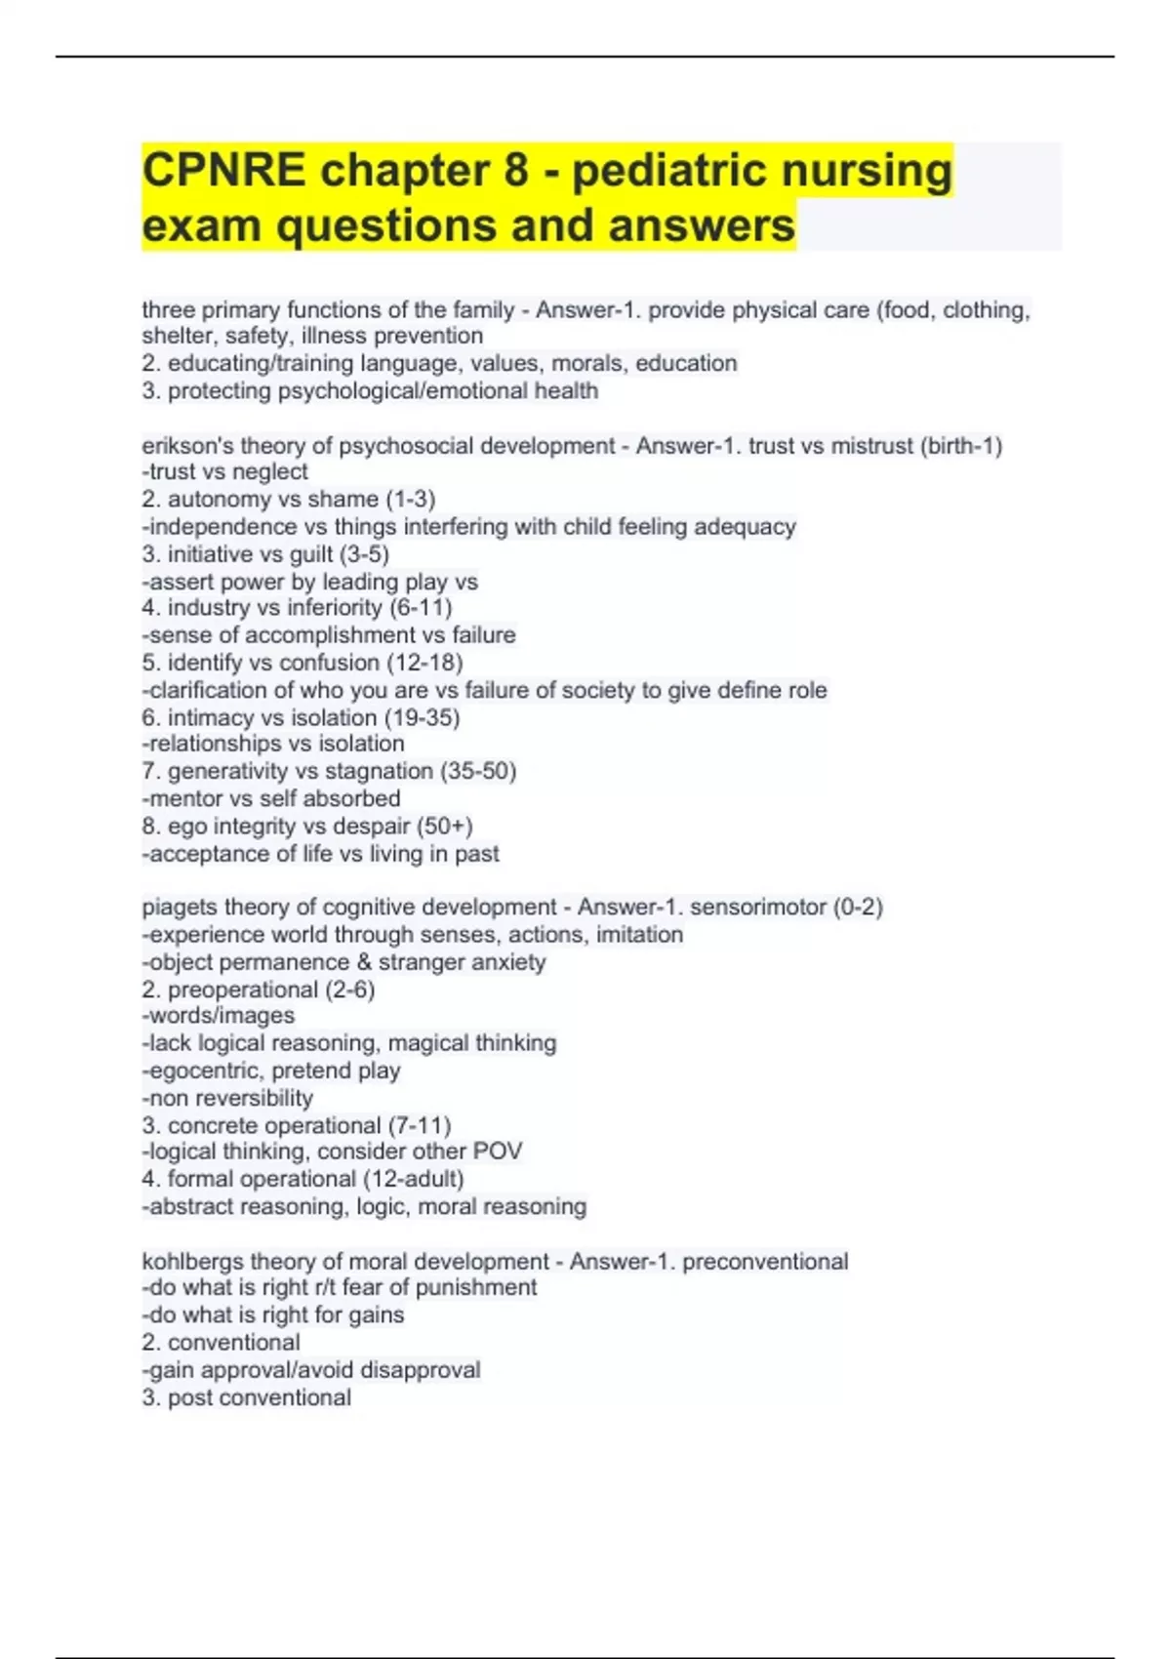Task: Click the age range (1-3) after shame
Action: point(411,500)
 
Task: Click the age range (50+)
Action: point(445,826)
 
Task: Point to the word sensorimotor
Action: point(757,908)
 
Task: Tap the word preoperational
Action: point(243,990)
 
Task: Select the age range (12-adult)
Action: point(414,1179)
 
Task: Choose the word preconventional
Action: point(765,1262)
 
